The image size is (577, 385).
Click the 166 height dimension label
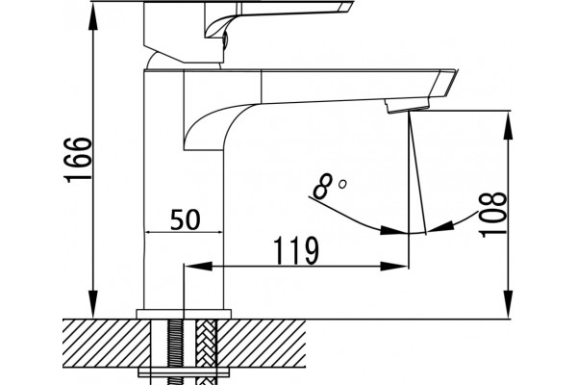[78, 160]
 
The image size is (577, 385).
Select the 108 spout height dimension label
[492, 215]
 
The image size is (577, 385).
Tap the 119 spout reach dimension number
[296, 251]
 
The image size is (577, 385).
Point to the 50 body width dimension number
[186, 220]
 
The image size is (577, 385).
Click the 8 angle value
[323, 187]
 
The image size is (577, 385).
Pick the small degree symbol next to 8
[342, 184]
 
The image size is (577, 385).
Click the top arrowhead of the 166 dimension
[94, 16]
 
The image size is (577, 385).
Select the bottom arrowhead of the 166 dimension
[94, 304]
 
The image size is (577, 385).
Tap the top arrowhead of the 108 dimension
[508, 126]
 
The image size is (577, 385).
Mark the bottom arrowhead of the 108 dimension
[508, 304]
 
